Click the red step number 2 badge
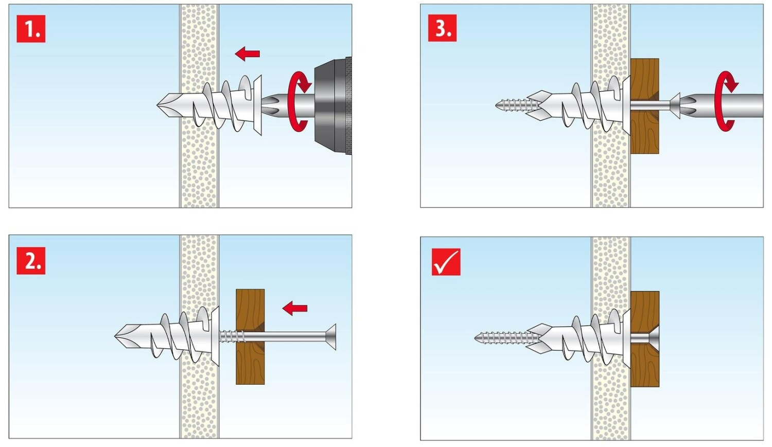point(31,261)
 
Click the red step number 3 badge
point(442,28)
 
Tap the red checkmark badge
point(446,262)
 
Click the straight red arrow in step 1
point(247,53)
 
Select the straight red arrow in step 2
point(295,308)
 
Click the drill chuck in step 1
point(333,106)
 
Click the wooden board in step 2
point(250,337)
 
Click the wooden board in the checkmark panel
point(645,339)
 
